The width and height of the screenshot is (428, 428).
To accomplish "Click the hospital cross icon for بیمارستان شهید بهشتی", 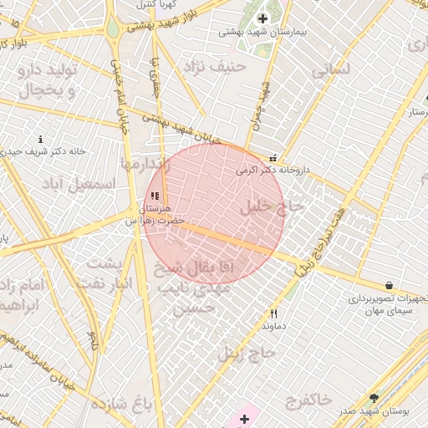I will [x=262, y=18].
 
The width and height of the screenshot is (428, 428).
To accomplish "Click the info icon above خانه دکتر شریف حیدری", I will [x=41, y=139].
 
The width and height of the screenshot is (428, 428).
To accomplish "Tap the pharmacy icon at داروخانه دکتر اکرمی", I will [x=273, y=158].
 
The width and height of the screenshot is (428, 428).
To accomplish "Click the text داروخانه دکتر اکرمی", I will [x=273, y=170].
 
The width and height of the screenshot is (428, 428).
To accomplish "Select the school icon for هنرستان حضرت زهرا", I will [x=155, y=196].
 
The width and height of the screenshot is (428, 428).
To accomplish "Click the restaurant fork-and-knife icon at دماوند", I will [x=273, y=313].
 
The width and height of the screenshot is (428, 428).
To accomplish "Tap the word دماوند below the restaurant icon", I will [x=274, y=325].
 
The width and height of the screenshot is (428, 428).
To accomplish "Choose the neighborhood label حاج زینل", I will [x=247, y=353].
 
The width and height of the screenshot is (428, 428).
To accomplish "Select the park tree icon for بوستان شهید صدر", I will [x=373, y=399].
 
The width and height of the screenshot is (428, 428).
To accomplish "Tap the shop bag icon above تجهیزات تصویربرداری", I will [x=390, y=286].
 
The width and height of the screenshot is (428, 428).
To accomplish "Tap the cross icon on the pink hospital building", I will [x=244, y=418].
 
